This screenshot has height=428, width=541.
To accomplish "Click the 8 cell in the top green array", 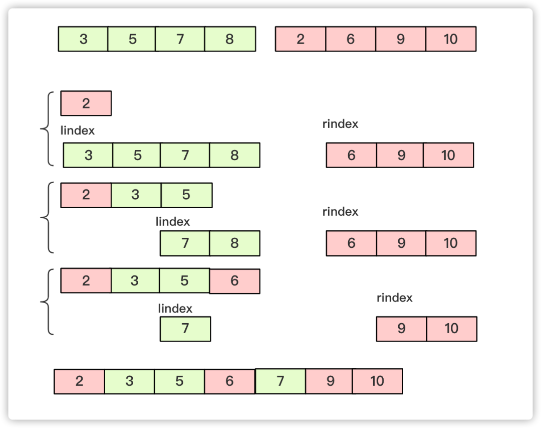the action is pyautogui.click(x=230, y=39).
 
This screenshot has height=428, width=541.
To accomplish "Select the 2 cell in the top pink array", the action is pyautogui.click(x=301, y=39).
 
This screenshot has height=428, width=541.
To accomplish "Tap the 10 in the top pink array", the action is pyautogui.click(x=451, y=39).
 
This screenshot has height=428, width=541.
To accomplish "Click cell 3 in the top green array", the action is pyautogui.click(x=83, y=39).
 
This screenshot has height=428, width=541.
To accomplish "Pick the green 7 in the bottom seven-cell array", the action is pyautogui.click(x=280, y=381).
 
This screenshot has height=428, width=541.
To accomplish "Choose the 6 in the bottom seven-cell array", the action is pyautogui.click(x=230, y=381).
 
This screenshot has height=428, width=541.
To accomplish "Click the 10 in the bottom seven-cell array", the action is pyautogui.click(x=378, y=381).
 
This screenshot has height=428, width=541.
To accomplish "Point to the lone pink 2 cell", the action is pyautogui.click(x=86, y=103).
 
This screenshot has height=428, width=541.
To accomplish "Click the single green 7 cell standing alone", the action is pyautogui.click(x=185, y=329).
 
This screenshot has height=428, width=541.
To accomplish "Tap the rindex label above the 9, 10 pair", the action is pyautogui.click(x=394, y=298).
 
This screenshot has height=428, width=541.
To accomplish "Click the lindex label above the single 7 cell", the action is pyautogui.click(x=175, y=309).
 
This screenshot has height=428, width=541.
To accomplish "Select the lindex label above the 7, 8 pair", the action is pyautogui.click(x=173, y=222).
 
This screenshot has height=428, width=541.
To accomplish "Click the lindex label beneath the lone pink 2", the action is pyautogui.click(x=78, y=130).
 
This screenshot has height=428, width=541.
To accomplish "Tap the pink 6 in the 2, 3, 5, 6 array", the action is pyautogui.click(x=234, y=281).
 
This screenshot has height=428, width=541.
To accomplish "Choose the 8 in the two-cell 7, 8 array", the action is pyautogui.click(x=234, y=243).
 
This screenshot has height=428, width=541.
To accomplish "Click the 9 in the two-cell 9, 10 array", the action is pyautogui.click(x=401, y=329).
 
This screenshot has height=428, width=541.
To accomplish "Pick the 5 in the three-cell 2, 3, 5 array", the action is pyautogui.click(x=186, y=195).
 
